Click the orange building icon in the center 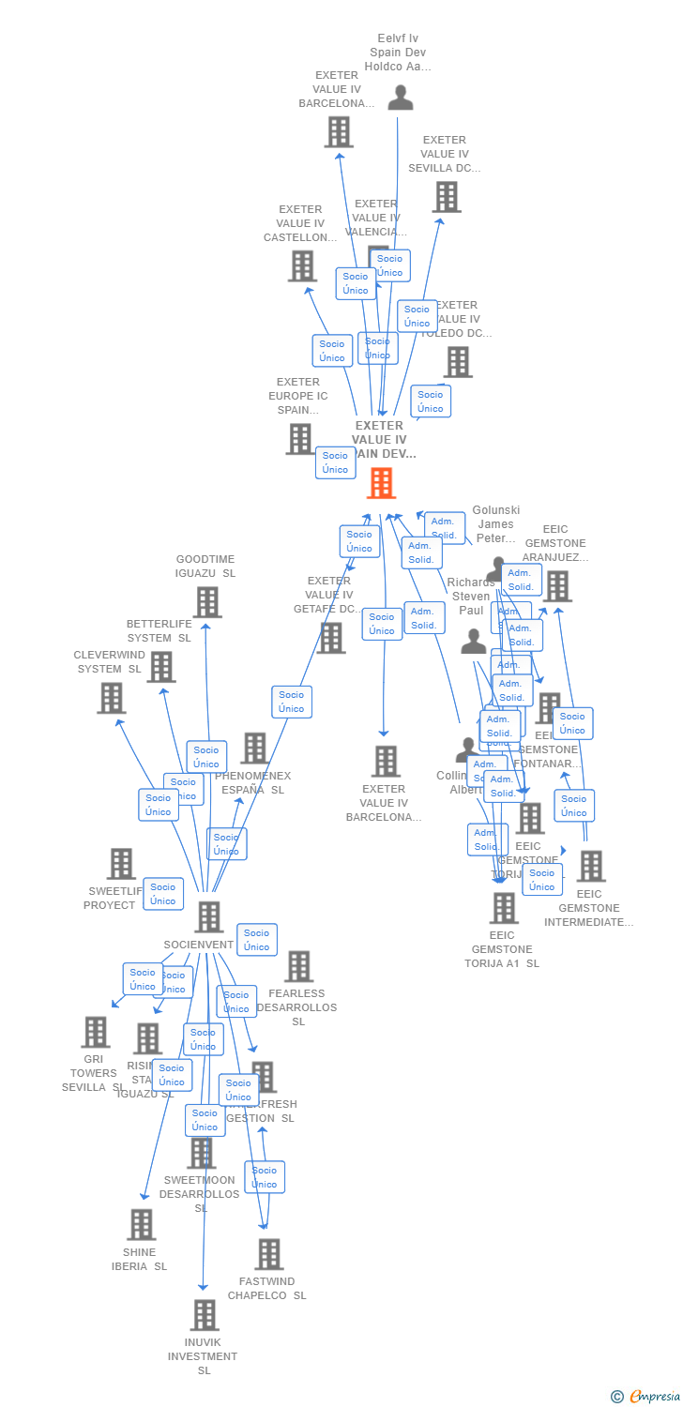(381, 483)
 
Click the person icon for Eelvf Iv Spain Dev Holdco (401, 98)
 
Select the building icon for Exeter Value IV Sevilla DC (447, 197)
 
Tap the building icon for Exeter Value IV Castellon (302, 266)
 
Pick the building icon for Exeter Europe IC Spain (300, 439)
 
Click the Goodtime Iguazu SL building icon (207, 602)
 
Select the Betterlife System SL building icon (161, 667)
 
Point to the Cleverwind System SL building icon (112, 698)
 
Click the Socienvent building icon (208, 916)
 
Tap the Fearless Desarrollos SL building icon (298, 966)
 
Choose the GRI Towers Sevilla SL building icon (95, 1032)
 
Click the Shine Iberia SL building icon (142, 1224)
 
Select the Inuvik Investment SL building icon (205, 1315)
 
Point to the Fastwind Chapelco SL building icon (269, 1254)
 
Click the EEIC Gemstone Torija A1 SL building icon (504, 908)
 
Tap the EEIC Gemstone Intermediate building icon (591, 867)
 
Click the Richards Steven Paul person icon (474, 643)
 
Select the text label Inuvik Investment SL (203, 1356)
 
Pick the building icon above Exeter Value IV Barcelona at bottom (386, 761)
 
